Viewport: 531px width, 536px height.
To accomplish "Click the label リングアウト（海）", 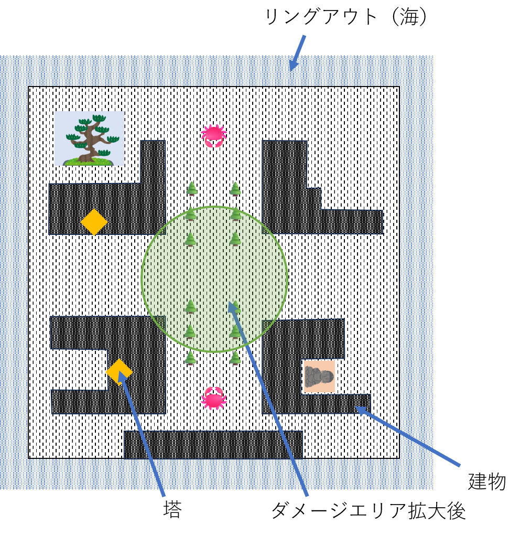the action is point(346,17).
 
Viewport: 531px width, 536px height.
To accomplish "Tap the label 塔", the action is point(172,510).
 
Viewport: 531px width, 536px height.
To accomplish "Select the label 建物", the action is point(486,481).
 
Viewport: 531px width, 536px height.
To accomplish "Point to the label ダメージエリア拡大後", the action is point(369,511).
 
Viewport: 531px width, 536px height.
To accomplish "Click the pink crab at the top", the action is point(213,136).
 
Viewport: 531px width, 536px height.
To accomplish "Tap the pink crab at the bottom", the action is point(213,398).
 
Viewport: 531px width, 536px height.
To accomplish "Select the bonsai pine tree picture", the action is point(89,138).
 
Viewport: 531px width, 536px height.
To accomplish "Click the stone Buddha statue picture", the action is point(319,377).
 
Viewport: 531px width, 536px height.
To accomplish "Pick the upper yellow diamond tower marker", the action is point(94,222).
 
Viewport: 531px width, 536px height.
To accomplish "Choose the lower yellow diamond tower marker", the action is point(119,372).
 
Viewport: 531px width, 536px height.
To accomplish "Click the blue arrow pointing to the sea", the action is point(297,53).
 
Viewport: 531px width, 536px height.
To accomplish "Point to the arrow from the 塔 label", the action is point(141,433).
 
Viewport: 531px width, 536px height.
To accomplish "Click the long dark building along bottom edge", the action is point(213,444).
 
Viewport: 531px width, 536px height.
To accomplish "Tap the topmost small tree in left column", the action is point(192,188).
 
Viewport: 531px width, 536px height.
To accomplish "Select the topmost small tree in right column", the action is point(235,189).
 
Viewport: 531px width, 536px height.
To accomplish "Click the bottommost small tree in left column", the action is point(190,358).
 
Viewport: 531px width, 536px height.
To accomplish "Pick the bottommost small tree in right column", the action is point(235,358).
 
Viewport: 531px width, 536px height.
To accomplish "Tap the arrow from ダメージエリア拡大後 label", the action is point(268,398).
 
